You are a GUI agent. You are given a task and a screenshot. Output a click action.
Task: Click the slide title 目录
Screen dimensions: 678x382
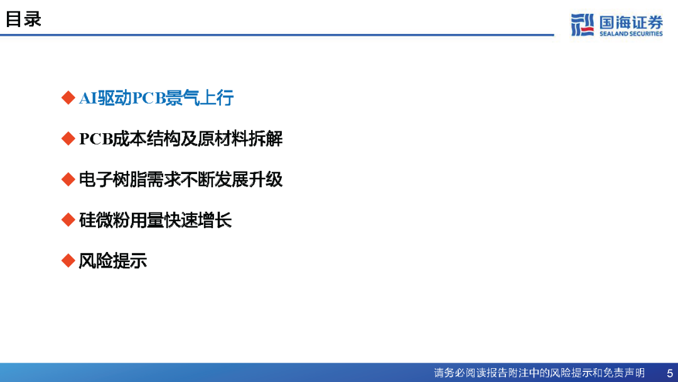coord(23,19)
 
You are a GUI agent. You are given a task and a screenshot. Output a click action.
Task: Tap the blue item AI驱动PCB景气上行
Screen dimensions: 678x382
coord(156,98)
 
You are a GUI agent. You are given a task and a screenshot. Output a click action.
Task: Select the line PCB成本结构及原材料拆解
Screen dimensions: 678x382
coord(181,139)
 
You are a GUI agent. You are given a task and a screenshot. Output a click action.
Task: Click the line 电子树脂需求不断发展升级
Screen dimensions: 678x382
coord(181,180)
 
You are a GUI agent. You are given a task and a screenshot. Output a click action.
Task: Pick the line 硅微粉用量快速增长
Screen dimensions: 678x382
coord(155,220)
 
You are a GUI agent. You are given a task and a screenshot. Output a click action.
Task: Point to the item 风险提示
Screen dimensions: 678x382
coord(113,261)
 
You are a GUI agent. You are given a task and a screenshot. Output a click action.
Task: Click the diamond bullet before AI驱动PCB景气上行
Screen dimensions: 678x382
coord(68,98)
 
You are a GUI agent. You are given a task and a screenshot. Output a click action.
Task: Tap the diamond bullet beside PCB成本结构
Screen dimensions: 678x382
coord(68,138)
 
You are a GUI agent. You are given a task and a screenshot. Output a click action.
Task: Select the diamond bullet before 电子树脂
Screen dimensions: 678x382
coord(68,179)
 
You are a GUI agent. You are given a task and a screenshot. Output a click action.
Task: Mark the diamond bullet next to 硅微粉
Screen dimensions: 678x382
coord(68,220)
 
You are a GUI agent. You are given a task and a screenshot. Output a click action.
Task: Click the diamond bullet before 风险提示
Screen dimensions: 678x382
coord(68,261)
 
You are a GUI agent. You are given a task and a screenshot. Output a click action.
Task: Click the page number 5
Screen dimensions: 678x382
coord(670,373)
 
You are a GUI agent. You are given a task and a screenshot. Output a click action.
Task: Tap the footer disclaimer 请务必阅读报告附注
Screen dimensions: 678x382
coord(539,373)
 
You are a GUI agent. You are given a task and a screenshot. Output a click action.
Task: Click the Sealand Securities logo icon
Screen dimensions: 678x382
coord(583,25)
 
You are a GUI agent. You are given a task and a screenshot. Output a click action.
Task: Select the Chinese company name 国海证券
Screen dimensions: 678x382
coord(631,22)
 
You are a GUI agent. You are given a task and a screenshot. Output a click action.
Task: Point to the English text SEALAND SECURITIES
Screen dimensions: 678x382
coord(631,34)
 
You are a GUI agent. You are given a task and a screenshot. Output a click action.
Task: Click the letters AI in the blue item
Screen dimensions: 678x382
coord(89,99)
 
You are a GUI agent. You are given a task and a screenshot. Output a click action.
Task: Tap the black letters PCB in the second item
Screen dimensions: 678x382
coord(96,139)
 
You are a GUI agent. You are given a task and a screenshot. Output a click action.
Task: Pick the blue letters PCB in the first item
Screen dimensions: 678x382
coord(149,99)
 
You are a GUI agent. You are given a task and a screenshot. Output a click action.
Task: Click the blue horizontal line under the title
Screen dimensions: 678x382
coord(277,35)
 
